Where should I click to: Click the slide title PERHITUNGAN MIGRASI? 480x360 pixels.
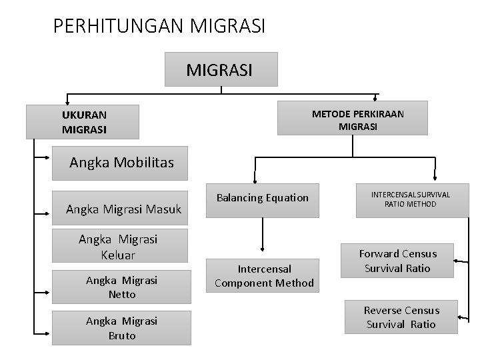(159, 26)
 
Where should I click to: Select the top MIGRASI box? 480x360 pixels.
(221, 69)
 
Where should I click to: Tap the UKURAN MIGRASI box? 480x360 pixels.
(83, 121)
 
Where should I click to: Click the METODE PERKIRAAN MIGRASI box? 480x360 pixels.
(357, 120)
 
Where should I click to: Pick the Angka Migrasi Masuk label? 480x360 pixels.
(124, 210)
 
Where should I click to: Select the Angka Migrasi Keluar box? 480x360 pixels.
(117, 247)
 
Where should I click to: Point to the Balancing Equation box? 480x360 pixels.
(263, 198)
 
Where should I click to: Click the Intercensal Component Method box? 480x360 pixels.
(264, 276)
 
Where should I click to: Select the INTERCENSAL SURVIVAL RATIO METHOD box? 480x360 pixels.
(410, 199)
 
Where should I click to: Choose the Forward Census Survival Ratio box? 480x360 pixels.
(397, 261)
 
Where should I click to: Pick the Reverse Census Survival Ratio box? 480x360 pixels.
(400, 317)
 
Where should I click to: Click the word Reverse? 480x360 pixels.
(383, 311)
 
